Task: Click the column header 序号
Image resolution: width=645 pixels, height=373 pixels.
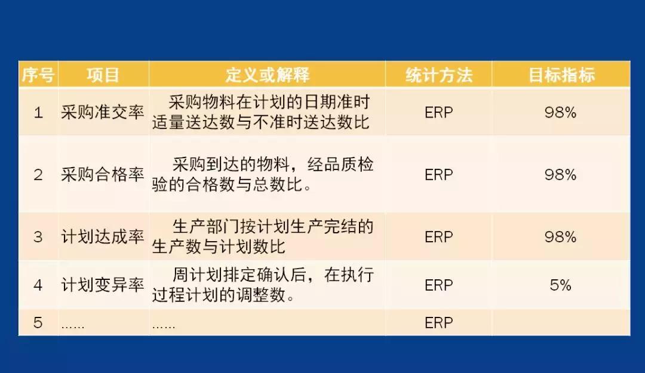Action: [x=39, y=75]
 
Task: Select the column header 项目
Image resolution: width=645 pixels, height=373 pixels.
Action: [x=103, y=75]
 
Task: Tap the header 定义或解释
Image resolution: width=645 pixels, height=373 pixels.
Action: [x=267, y=75]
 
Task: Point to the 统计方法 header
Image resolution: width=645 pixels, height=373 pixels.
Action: [x=439, y=75]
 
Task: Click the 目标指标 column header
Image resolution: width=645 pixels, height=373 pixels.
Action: [x=561, y=75]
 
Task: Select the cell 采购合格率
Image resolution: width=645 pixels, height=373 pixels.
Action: [x=103, y=175]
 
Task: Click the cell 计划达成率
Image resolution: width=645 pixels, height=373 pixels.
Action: [x=103, y=237]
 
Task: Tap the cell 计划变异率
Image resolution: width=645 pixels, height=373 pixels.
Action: [x=103, y=285]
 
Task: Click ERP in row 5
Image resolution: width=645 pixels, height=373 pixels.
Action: [x=439, y=323]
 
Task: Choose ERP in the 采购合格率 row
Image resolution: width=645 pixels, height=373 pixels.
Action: [x=439, y=175]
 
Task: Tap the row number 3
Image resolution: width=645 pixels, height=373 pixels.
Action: [x=38, y=237]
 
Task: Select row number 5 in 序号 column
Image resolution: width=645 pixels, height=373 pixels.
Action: [x=38, y=323]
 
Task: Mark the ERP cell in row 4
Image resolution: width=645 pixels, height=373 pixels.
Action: [x=439, y=285]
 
